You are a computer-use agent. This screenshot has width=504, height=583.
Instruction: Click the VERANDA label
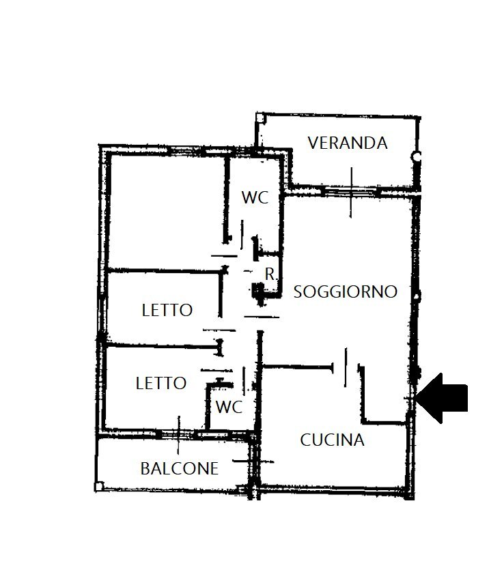pos(347,143)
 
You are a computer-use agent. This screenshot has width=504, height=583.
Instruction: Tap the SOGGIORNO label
pos(345,292)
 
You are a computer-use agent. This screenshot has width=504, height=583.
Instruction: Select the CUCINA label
pos(332,440)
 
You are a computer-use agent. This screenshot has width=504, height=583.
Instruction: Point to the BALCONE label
pos(179,468)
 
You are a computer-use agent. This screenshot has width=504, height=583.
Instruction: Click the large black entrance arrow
pos(443,398)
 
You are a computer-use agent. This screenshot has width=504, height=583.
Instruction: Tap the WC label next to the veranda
pos(255,198)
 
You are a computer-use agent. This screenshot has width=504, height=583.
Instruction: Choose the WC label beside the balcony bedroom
pos(229,408)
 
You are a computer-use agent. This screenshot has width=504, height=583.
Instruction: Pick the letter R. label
pos(271,275)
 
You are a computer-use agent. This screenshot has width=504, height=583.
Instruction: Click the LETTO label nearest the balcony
pos(161,383)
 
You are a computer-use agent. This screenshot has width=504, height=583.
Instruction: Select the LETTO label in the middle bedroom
pos(167,310)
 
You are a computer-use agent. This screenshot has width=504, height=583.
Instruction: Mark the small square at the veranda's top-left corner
pos(260,117)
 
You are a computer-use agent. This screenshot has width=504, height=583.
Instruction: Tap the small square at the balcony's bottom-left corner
pos(100,486)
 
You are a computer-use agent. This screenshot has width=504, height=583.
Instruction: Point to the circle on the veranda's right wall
pos(416,157)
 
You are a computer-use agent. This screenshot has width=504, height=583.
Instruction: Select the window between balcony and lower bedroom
pos(178,433)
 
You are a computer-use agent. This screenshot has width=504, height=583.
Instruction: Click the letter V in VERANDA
pos(313,143)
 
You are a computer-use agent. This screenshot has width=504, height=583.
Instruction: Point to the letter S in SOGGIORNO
pos(298,292)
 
